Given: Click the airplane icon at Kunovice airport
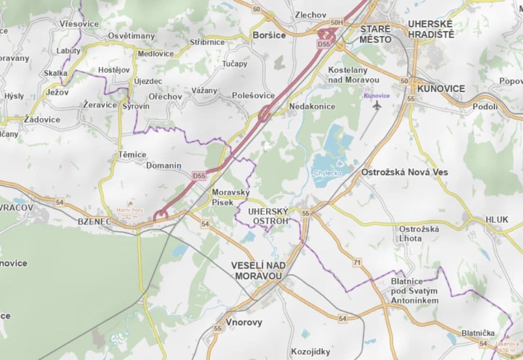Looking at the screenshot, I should click(x=377, y=105).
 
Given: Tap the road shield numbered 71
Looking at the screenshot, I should click(x=357, y=262).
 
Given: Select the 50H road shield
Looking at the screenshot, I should click(x=336, y=22).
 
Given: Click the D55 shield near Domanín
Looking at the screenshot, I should click(x=199, y=176).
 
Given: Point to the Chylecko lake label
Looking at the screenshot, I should click(x=328, y=173).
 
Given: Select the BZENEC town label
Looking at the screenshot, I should click(x=94, y=221).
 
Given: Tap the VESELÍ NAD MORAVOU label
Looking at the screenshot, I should click(x=258, y=270).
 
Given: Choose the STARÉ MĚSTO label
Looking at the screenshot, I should click(x=375, y=34).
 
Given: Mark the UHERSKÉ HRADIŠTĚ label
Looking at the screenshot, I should click(x=431, y=29).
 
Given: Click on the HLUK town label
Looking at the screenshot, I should click(x=496, y=220).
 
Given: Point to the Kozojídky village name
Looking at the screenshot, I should click(x=311, y=351).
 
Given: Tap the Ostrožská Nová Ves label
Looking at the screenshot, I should click(x=405, y=172).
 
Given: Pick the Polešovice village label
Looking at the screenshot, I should click(x=253, y=95).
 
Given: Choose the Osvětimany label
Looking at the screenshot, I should click(x=131, y=36).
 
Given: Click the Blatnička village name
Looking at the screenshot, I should click(x=478, y=333).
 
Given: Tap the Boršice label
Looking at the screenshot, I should click(x=269, y=35).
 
